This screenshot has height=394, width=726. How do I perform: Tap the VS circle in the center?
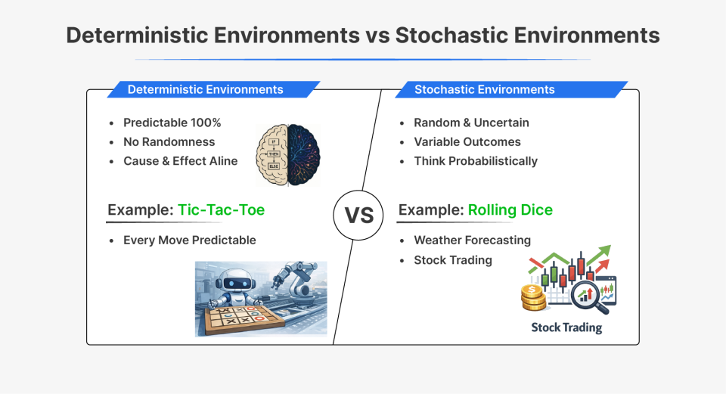tap(359, 215)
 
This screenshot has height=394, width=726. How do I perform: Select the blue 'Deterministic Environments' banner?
tap(205, 89)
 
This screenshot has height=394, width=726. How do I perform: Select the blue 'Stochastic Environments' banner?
tap(484, 89)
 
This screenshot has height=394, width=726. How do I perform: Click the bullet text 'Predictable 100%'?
tap(172, 123)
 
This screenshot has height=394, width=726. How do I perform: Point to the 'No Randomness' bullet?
tap(169, 141)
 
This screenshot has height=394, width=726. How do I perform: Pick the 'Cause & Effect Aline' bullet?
tap(180, 160)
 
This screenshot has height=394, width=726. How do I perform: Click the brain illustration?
tap(287, 155)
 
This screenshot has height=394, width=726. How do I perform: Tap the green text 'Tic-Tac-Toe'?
tap(221, 209)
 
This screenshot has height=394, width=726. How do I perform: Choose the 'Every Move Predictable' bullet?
tap(189, 240)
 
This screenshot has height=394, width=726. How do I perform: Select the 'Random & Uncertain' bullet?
tap(471, 123)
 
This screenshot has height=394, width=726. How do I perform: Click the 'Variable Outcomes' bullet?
tap(467, 141)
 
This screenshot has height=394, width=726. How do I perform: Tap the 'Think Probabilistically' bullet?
tap(475, 160)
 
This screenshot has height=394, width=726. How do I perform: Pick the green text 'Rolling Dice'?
tap(510, 209)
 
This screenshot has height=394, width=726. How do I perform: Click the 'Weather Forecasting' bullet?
tap(472, 240)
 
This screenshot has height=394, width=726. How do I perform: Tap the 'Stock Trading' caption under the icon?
tap(566, 327)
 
